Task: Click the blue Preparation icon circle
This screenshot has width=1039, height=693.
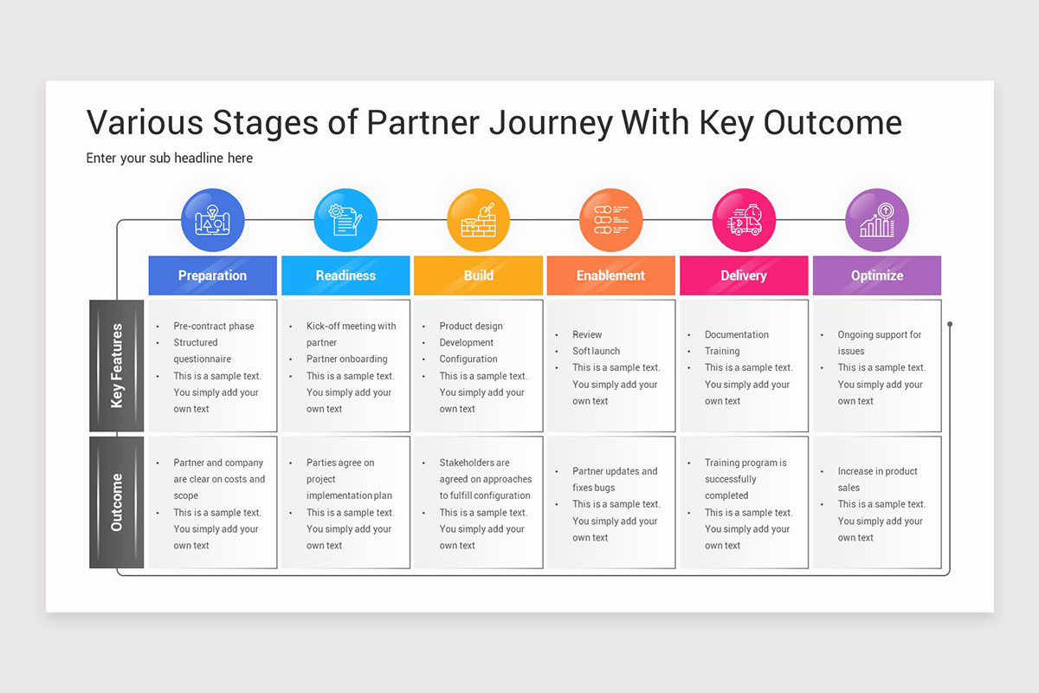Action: tap(213, 220)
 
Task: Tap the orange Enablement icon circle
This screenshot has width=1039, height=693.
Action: tap(611, 220)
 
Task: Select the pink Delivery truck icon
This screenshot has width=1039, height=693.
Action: tap(744, 220)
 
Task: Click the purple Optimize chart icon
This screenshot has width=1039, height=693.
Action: tap(877, 220)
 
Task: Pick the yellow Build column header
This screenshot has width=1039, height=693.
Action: tap(478, 275)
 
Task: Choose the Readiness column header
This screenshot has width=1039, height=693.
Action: tap(345, 275)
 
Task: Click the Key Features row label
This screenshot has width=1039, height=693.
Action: tap(117, 366)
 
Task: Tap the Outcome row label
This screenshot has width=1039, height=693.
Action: tap(117, 502)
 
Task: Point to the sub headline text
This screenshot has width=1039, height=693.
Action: tap(170, 159)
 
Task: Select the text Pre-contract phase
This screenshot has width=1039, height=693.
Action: tap(214, 327)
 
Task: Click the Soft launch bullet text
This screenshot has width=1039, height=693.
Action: tap(596, 351)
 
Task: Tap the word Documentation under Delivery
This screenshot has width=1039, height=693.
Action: tap(737, 334)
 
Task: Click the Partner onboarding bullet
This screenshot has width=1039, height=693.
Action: tap(346, 359)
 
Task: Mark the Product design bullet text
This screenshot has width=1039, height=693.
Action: tap(471, 327)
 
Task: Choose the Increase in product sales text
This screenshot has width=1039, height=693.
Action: tap(877, 479)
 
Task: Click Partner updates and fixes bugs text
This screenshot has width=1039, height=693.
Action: tap(614, 479)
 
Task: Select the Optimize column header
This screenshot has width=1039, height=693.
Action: tap(877, 275)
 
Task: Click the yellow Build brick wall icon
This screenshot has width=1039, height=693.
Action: tap(478, 220)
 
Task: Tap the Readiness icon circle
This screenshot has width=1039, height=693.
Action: tap(345, 220)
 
